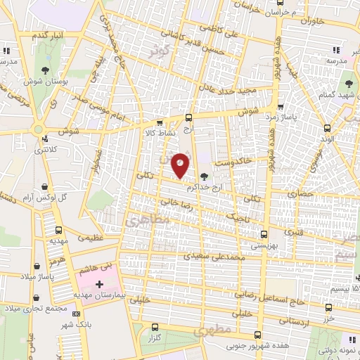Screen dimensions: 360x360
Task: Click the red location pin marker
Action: click(180, 166)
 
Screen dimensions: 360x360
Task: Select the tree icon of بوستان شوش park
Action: click(45, 69)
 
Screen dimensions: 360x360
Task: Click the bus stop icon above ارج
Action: click(188, 117)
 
